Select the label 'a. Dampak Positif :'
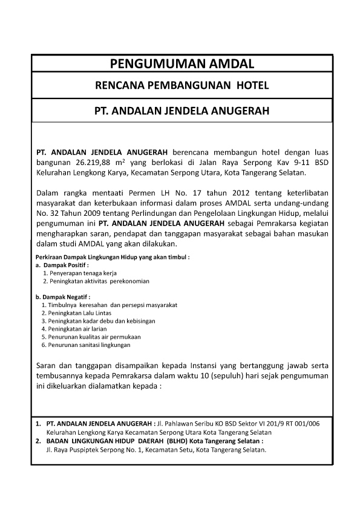click(62, 265)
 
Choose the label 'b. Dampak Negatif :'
click(64, 297)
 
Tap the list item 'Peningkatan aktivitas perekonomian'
click(96, 281)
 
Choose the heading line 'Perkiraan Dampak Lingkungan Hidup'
click(113, 257)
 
